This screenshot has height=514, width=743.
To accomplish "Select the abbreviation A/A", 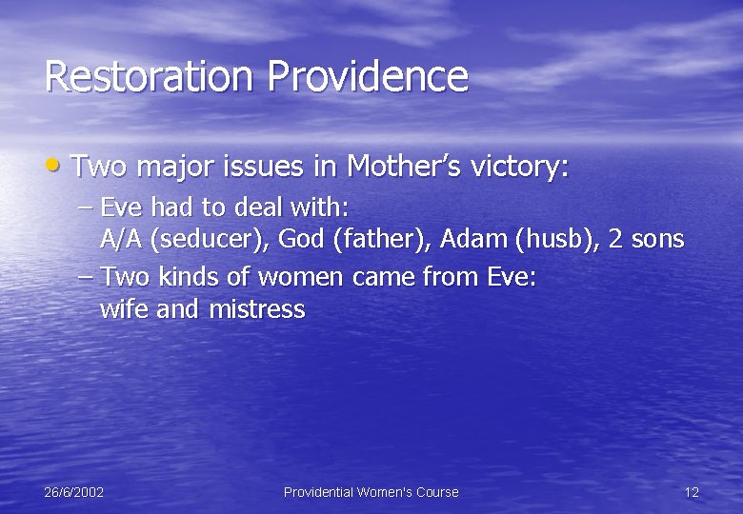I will pyautogui.click(x=121, y=239).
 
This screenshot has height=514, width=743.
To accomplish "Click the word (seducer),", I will pyautogui.click(x=209, y=239).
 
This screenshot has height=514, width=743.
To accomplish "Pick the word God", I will pyautogui.click(x=301, y=239).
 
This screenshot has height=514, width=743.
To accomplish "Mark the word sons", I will pyautogui.click(x=658, y=239).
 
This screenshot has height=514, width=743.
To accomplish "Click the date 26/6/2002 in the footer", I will pyautogui.click(x=74, y=492).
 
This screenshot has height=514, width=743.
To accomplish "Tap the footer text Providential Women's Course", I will pyautogui.click(x=371, y=492).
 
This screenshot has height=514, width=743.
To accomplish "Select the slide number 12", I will pyautogui.click(x=692, y=492).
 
